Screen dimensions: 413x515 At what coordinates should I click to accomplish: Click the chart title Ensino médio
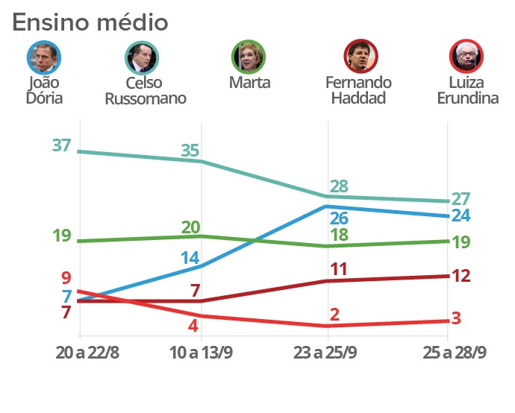click(x=90, y=22)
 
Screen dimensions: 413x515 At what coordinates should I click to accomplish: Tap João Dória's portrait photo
click(x=43, y=56)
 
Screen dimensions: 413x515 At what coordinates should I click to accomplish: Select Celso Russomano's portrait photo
click(x=142, y=56)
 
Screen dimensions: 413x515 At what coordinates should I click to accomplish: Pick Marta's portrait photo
click(x=249, y=56)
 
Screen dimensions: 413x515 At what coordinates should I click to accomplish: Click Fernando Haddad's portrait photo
click(x=360, y=56)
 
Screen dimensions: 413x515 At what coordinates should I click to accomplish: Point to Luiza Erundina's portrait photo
click(x=467, y=56)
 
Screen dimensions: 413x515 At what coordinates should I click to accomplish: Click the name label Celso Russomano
click(x=145, y=90)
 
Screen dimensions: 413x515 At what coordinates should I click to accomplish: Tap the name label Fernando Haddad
click(x=359, y=90)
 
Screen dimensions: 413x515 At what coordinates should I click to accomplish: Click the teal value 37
click(x=61, y=145)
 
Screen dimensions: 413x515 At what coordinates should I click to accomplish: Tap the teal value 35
click(x=190, y=151)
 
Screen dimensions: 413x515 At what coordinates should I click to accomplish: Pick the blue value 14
click(x=190, y=259)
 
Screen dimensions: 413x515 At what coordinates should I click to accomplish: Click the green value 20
click(x=191, y=227)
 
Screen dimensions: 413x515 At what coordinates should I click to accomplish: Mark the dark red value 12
click(x=461, y=276)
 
